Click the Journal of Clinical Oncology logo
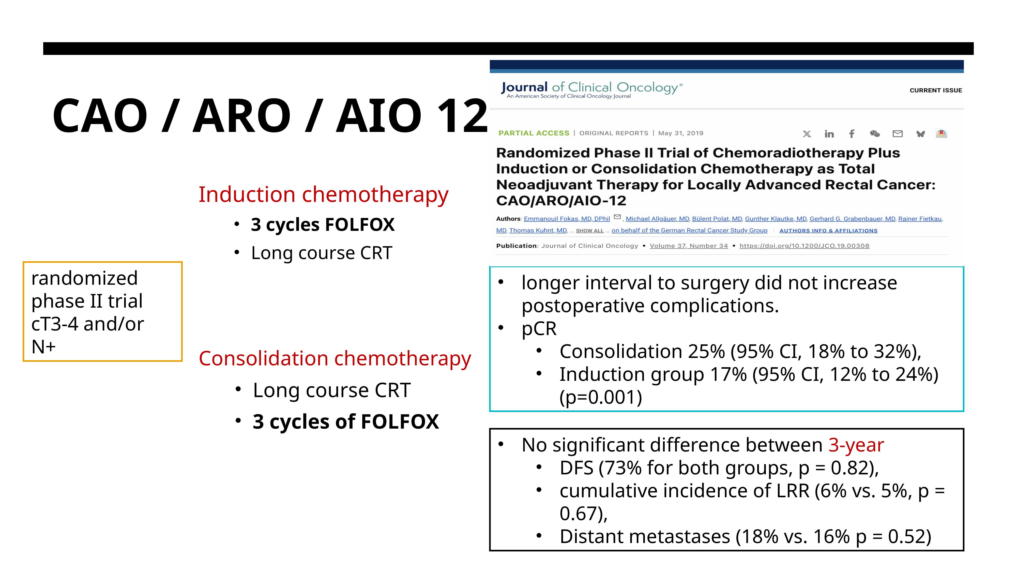(591, 89)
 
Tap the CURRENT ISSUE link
(936, 91)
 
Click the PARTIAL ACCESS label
(534, 133)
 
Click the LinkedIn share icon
(829, 134)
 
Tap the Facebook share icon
(852, 134)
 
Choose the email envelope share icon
(897, 134)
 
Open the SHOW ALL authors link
(590, 231)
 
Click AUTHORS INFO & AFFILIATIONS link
(828, 231)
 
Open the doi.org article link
(804, 246)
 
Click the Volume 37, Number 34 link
(689, 246)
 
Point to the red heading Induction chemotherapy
(323, 195)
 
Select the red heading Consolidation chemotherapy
(335, 359)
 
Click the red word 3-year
(856, 445)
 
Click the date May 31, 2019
(681, 133)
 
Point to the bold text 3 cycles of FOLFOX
(346, 422)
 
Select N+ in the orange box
(43, 347)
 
